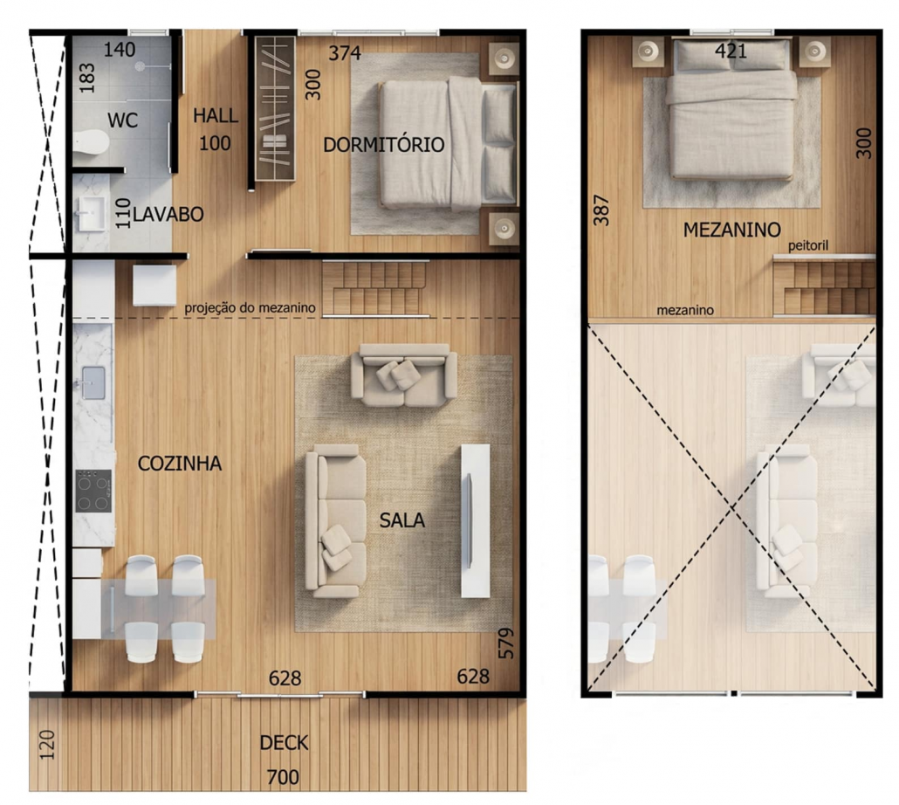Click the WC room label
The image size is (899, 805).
point(123,120)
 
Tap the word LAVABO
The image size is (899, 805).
point(168,215)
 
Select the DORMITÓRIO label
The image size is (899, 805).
point(383,144)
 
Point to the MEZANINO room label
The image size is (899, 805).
point(731,230)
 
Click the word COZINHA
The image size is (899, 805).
point(180,464)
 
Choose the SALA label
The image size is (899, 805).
point(401,520)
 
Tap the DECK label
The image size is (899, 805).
point(284,743)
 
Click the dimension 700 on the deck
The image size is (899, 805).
point(283,777)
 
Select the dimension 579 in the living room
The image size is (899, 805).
point(506,643)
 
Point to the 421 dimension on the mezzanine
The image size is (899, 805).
point(731,52)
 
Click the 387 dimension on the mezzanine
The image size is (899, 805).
point(600,210)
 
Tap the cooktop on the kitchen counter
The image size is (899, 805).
point(93,491)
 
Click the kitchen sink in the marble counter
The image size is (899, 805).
point(93,382)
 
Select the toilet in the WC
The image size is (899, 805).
point(91,142)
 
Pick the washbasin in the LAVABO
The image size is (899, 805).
point(92,214)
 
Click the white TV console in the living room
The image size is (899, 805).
point(476,520)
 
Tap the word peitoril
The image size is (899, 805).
point(808,246)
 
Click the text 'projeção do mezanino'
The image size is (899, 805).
point(250,308)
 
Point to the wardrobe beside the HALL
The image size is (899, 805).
point(275,108)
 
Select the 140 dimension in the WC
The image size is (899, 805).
point(120,50)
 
